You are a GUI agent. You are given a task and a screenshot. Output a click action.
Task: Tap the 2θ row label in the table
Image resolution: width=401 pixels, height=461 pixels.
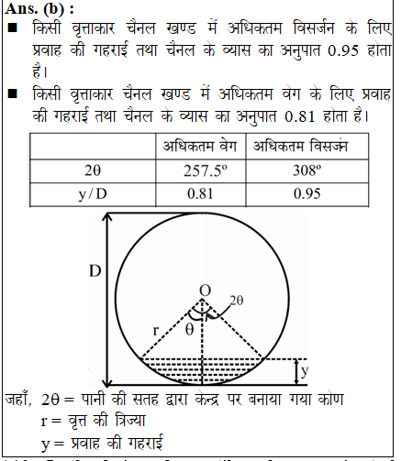(89, 170)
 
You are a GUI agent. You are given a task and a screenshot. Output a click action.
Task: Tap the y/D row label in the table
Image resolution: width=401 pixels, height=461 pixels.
(89, 193)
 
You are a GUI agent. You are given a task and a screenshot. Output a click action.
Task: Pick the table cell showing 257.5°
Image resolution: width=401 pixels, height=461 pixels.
(193, 170)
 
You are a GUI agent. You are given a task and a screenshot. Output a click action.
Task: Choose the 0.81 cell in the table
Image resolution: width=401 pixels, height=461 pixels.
(193, 193)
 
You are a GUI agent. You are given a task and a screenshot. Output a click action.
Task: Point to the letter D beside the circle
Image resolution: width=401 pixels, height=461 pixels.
(95, 272)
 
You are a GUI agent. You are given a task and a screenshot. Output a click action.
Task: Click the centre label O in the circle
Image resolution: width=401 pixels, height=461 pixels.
(205, 290)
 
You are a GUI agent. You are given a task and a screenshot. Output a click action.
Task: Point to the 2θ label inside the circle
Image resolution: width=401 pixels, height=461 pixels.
(237, 300)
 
